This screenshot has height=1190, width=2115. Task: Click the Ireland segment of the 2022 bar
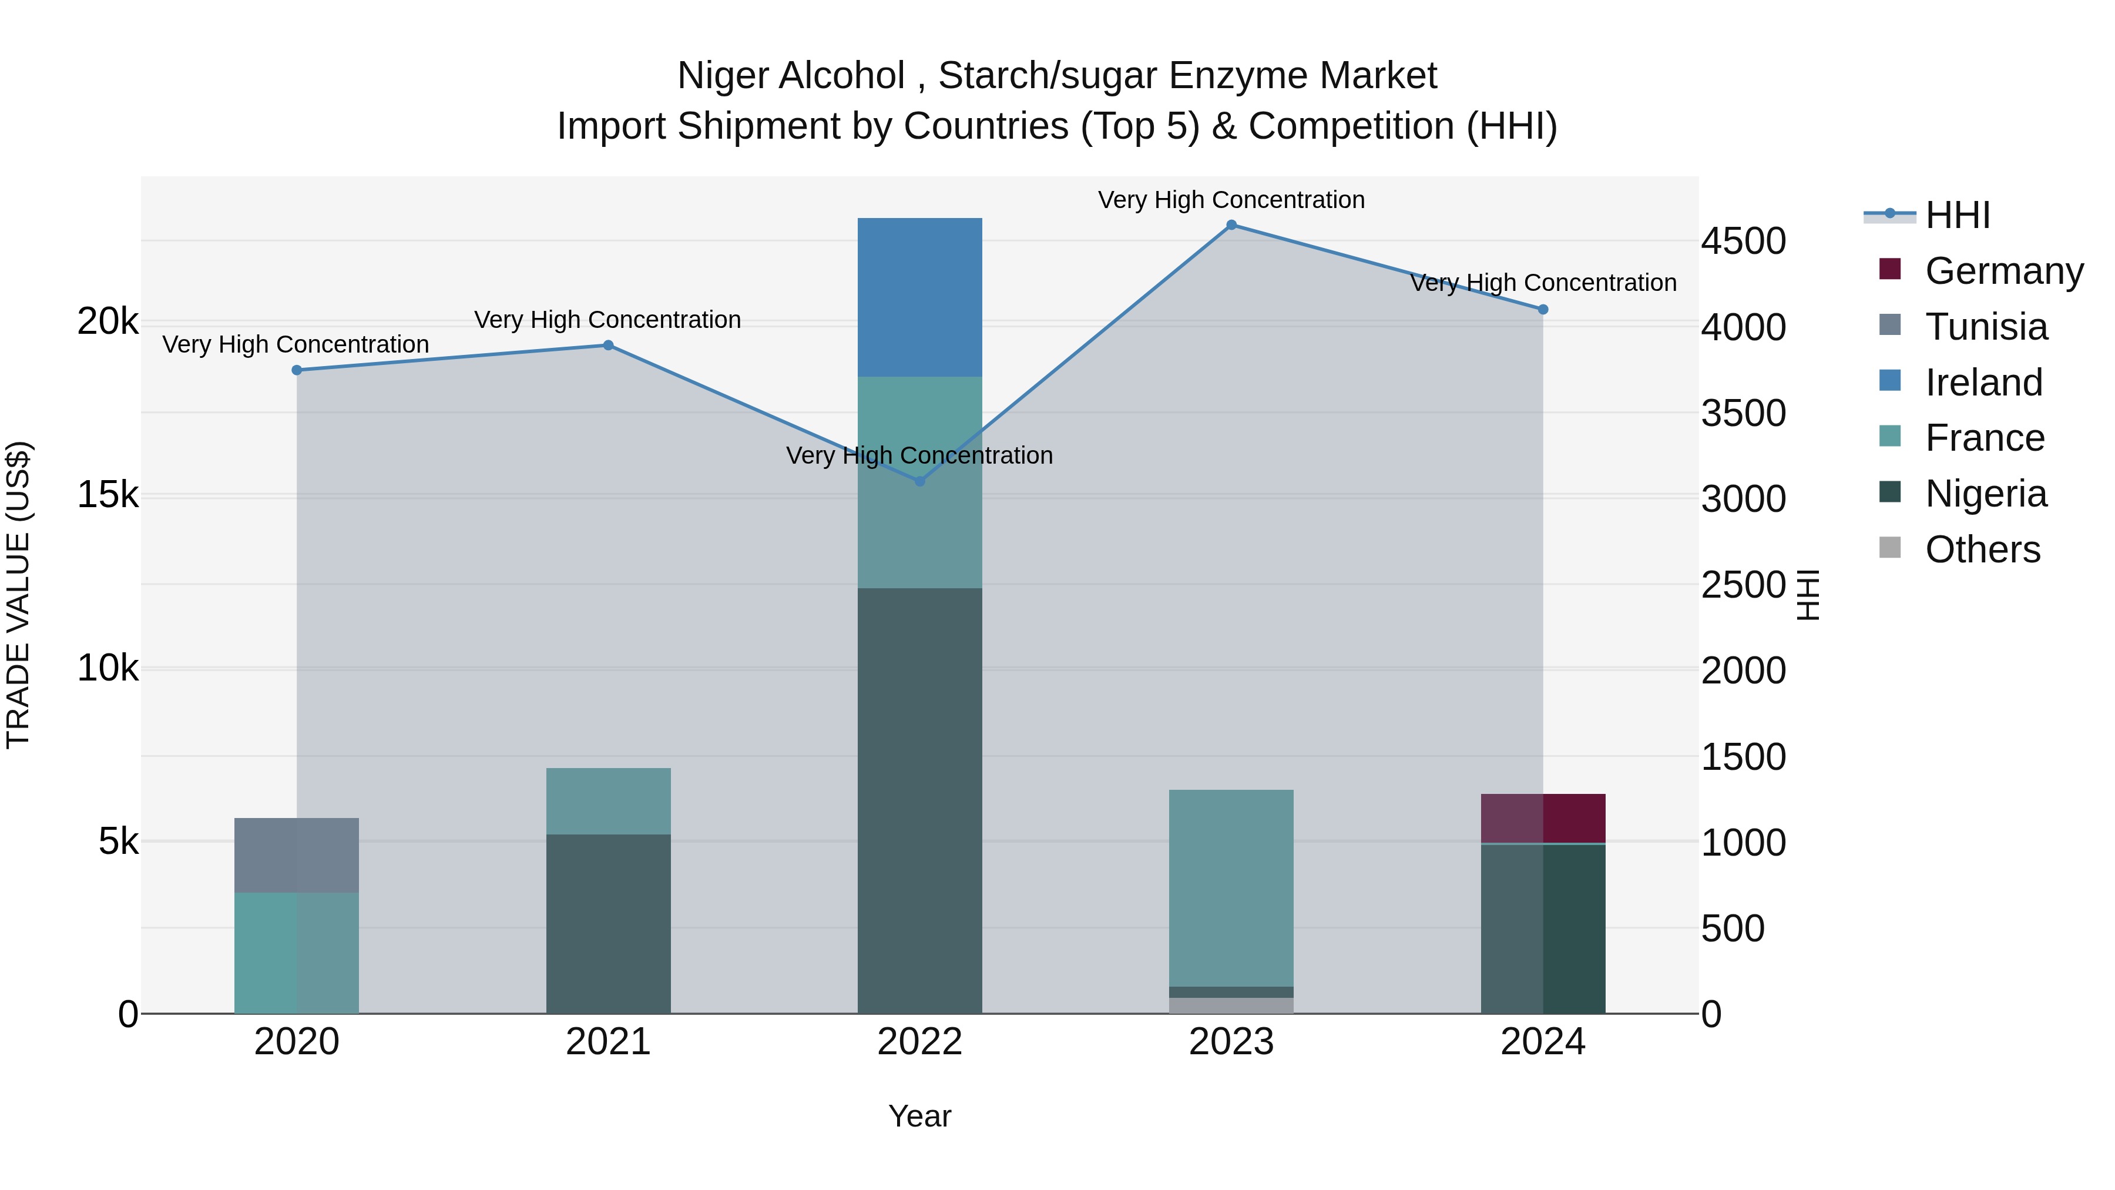tap(919, 297)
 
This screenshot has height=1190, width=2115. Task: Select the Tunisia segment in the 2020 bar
tap(297, 855)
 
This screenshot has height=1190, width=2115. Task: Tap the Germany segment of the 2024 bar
tap(1543, 818)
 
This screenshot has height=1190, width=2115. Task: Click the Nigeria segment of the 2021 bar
tap(609, 924)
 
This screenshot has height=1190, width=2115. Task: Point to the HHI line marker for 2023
tap(1231, 225)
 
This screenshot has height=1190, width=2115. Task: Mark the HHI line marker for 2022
tap(919, 481)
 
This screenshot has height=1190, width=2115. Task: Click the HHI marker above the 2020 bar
tap(297, 370)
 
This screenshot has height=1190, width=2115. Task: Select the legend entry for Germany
tap(2003, 271)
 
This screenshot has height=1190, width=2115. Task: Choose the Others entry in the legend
tap(1982, 549)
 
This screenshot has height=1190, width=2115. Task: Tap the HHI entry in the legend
tap(1958, 215)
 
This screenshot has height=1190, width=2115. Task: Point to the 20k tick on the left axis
tap(108, 322)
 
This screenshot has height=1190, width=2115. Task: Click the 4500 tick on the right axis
tap(1743, 242)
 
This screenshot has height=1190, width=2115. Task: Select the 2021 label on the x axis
tap(609, 1042)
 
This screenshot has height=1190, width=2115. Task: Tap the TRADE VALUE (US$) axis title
tap(18, 595)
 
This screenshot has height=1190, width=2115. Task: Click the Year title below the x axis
tap(919, 1116)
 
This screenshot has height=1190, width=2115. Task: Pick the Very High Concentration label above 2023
tap(1231, 200)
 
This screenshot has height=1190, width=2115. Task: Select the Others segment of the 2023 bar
tap(1231, 1005)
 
